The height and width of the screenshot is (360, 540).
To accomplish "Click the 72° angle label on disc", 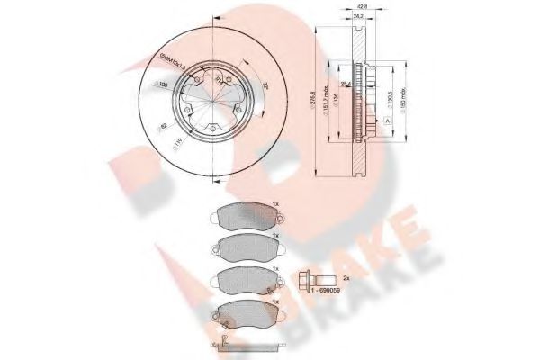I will (268, 85).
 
